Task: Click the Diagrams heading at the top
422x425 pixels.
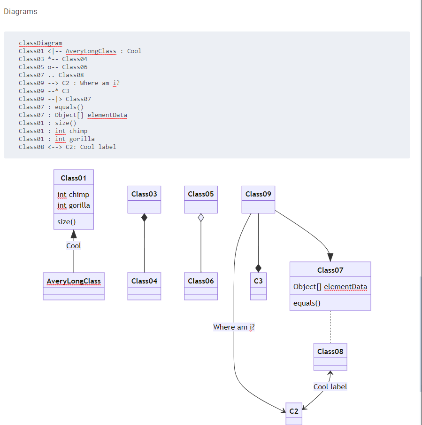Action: pos(21,11)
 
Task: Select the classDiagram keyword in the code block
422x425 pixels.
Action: pos(40,43)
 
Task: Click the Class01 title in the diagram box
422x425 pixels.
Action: pos(74,178)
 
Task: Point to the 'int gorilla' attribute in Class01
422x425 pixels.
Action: pos(74,205)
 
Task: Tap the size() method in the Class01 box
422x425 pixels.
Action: pos(67,222)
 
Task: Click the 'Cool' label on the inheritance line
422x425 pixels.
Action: pos(73,245)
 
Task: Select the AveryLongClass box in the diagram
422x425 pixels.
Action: pos(74,286)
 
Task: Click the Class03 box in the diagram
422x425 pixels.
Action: pos(144,199)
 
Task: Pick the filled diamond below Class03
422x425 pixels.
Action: pos(144,218)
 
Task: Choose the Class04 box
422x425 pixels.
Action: pos(144,286)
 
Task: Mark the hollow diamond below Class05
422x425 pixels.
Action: pos(201,218)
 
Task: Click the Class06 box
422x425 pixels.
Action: pos(201,286)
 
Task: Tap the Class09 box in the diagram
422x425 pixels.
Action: pos(258,199)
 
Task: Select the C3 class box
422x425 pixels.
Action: pos(258,286)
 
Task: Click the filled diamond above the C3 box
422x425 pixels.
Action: pos(258,268)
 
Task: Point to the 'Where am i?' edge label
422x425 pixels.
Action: pos(234,327)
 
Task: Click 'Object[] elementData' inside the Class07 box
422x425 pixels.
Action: pos(330,287)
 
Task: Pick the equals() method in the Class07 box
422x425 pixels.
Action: pos(307,303)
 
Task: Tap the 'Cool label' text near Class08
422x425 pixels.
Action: pos(330,386)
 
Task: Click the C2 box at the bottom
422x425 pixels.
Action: pos(294,413)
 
